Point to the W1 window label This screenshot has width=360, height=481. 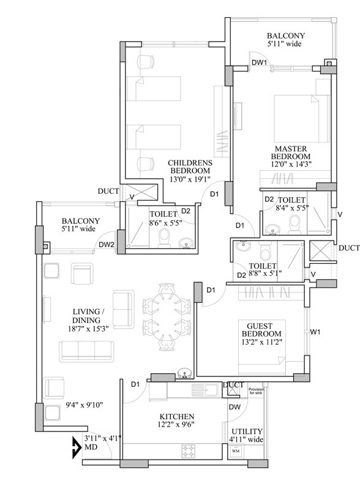(x=315, y=332)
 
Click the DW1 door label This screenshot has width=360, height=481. (x=259, y=62)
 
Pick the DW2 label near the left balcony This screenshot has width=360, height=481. (x=107, y=244)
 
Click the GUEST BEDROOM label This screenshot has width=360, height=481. (x=264, y=329)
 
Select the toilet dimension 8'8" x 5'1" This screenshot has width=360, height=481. (x=266, y=274)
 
